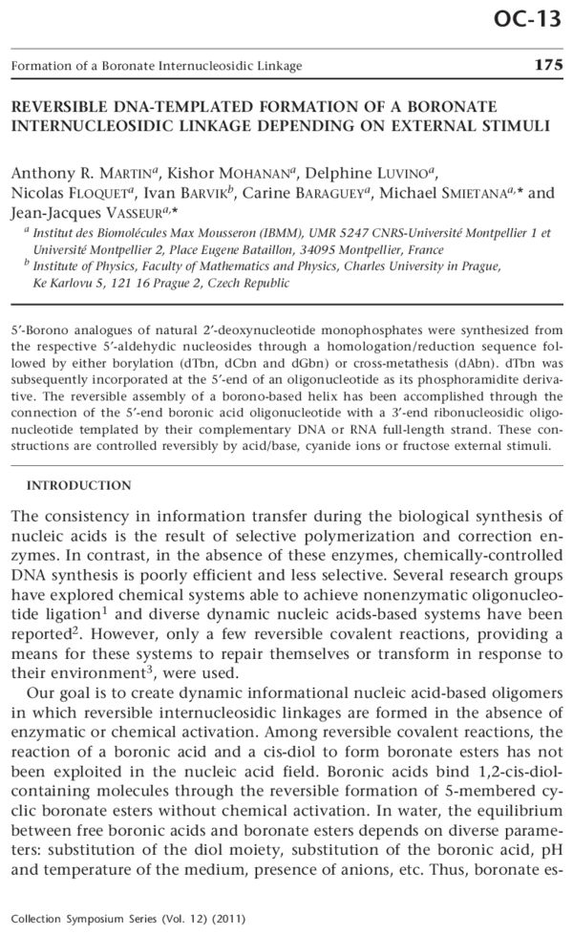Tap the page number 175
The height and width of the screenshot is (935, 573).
(546, 65)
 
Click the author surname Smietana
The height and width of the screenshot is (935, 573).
(458, 194)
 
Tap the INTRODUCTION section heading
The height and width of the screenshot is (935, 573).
(73, 485)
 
